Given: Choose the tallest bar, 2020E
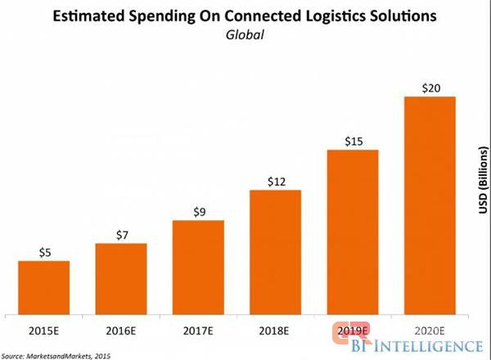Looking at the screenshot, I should (x=430, y=205).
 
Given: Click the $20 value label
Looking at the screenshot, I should (x=430, y=88).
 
